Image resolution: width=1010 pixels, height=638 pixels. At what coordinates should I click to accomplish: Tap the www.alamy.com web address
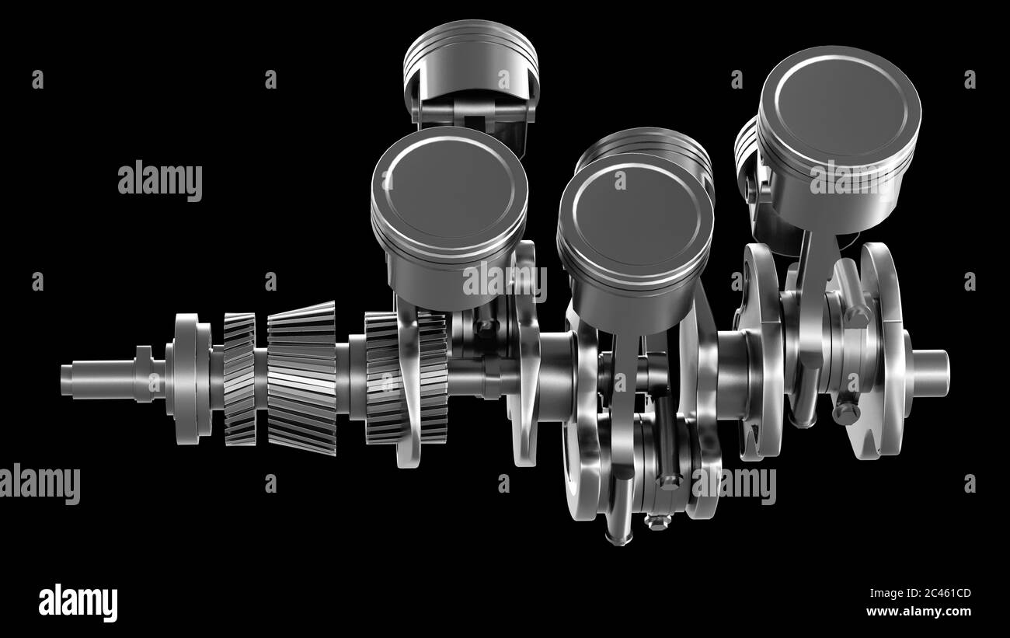pos(918,612)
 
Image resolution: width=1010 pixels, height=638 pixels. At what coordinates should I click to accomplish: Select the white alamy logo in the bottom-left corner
pos(78,603)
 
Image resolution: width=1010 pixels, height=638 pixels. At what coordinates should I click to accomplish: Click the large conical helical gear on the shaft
pos(301,378)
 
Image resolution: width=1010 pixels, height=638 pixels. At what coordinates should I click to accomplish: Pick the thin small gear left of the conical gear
pos(239,378)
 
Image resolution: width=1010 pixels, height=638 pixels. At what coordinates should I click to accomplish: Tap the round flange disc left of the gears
pos(186,378)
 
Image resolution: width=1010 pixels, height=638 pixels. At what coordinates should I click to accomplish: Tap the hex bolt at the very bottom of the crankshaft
pos(658,521)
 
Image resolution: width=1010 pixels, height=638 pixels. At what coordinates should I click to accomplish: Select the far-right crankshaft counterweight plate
pos(882,350)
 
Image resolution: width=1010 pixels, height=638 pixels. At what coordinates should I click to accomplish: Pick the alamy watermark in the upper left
pos(160,181)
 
